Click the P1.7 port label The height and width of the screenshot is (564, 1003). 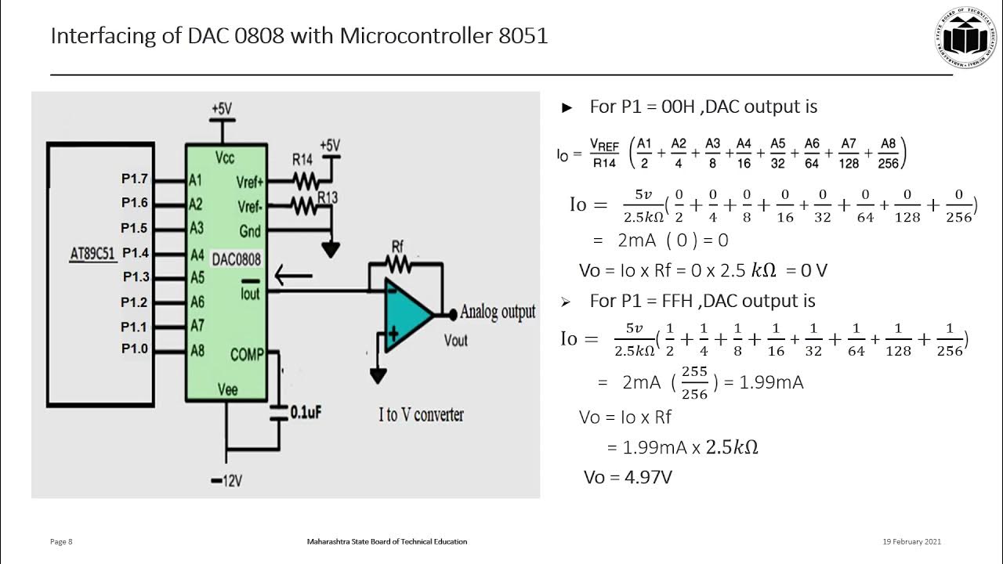[x=134, y=179]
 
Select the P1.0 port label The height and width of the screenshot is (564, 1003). [x=134, y=349]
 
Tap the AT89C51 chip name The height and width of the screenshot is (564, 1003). [x=92, y=253]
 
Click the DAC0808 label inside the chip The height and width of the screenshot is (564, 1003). [x=237, y=259]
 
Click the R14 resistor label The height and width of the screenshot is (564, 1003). [x=303, y=159]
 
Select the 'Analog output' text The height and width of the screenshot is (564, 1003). [x=498, y=312]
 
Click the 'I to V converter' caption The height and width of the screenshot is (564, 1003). [x=421, y=414]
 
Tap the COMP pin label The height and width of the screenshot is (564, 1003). [x=247, y=355]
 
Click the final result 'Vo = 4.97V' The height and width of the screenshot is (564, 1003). [x=628, y=477]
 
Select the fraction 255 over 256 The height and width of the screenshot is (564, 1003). [x=694, y=382]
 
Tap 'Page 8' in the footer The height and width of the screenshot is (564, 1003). [x=61, y=541]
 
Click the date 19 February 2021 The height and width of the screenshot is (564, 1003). [x=911, y=541]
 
